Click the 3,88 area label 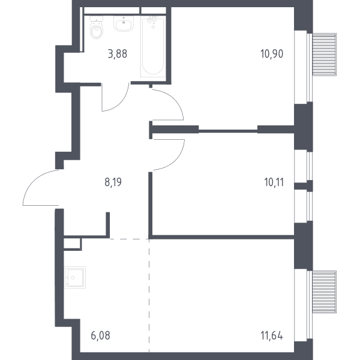click(118, 54)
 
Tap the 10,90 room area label click(272, 54)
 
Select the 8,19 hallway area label click(113, 182)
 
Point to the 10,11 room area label click(274, 182)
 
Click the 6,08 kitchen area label click(101, 335)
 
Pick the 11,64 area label click(272, 335)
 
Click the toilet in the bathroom click(97, 28)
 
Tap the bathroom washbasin click(124, 23)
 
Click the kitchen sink click(75, 277)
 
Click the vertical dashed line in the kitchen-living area click(149, 295)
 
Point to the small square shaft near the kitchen click(72, 244)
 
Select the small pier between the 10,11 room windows click(304, 186)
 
